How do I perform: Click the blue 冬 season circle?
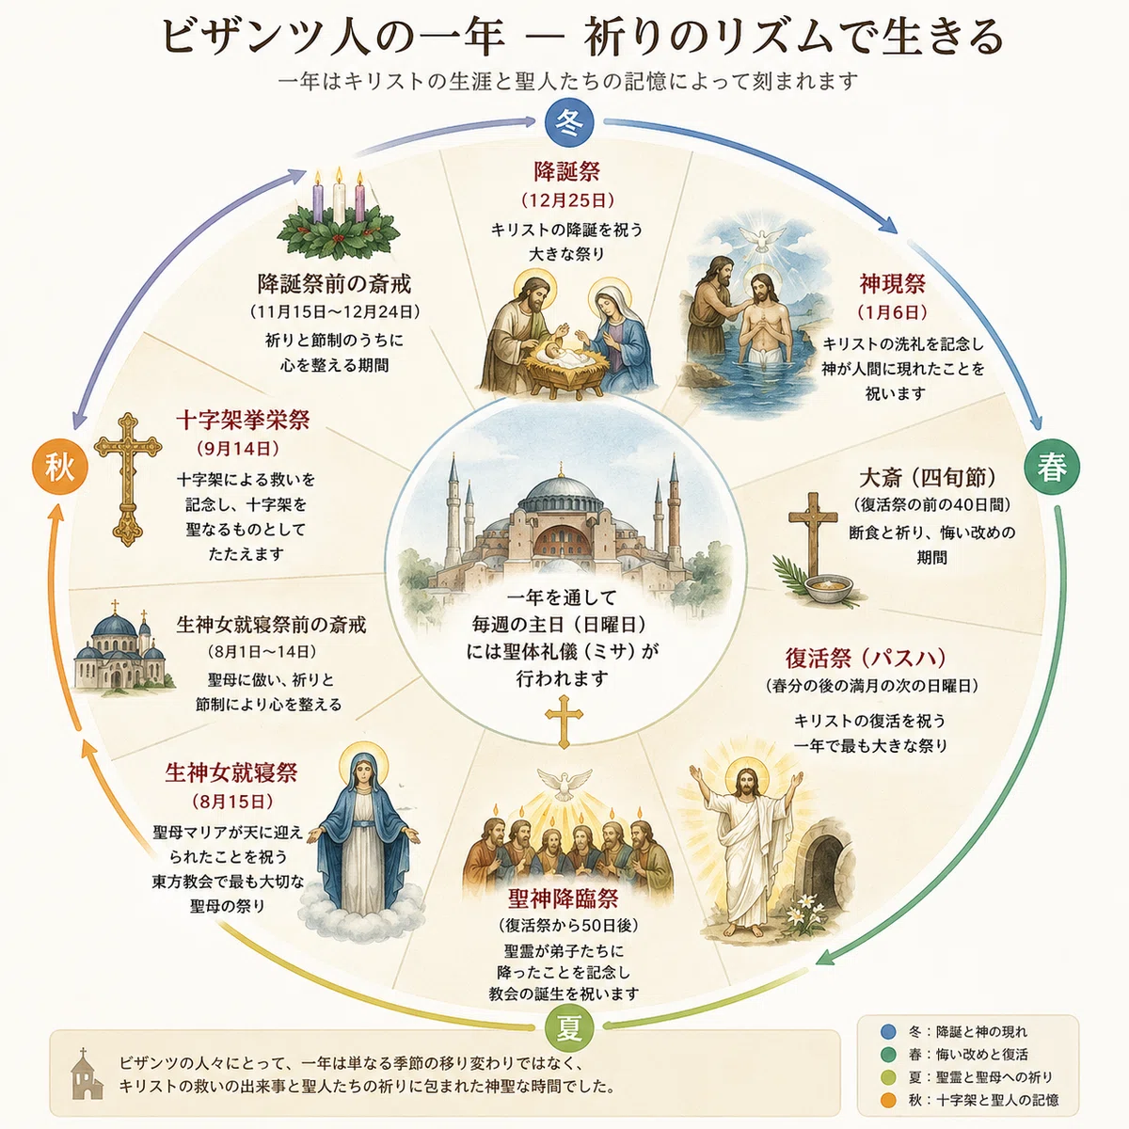click(x=569, y=123)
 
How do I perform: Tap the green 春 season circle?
click(x=1052, y=469)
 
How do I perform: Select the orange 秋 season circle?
click(x=59, y=469)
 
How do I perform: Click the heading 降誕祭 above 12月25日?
click(x=566, y=171)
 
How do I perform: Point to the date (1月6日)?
click(x=892, y=312)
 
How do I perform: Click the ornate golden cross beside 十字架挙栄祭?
click(x=128, y=479)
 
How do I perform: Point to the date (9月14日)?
click(x=238, y=449)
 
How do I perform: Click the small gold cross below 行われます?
click(x=564, y=722)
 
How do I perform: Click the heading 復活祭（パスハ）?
click(x=866, y=658)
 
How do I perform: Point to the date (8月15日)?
click(x=233, y=801)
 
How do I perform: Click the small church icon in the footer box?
click(x=87, y=1073)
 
